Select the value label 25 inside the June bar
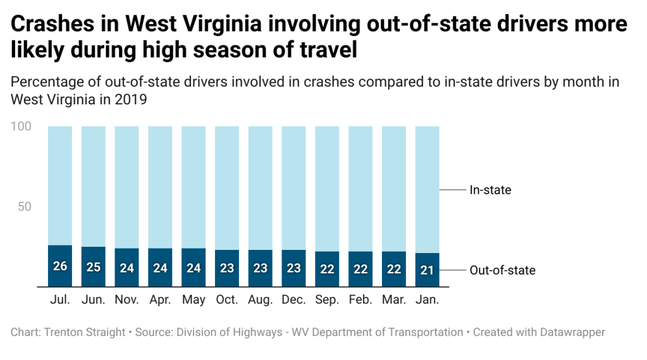(94, 267)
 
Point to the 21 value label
(427, 271)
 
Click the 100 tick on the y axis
(21, 127)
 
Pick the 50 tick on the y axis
(24, 207)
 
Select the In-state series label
(490, 190)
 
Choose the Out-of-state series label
(502, 270)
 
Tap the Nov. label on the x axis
(126, 300)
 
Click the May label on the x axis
(194, 300)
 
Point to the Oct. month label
(227, 300)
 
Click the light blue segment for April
(160, 187)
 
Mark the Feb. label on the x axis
(360, 300)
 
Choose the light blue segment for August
(260, 187)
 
